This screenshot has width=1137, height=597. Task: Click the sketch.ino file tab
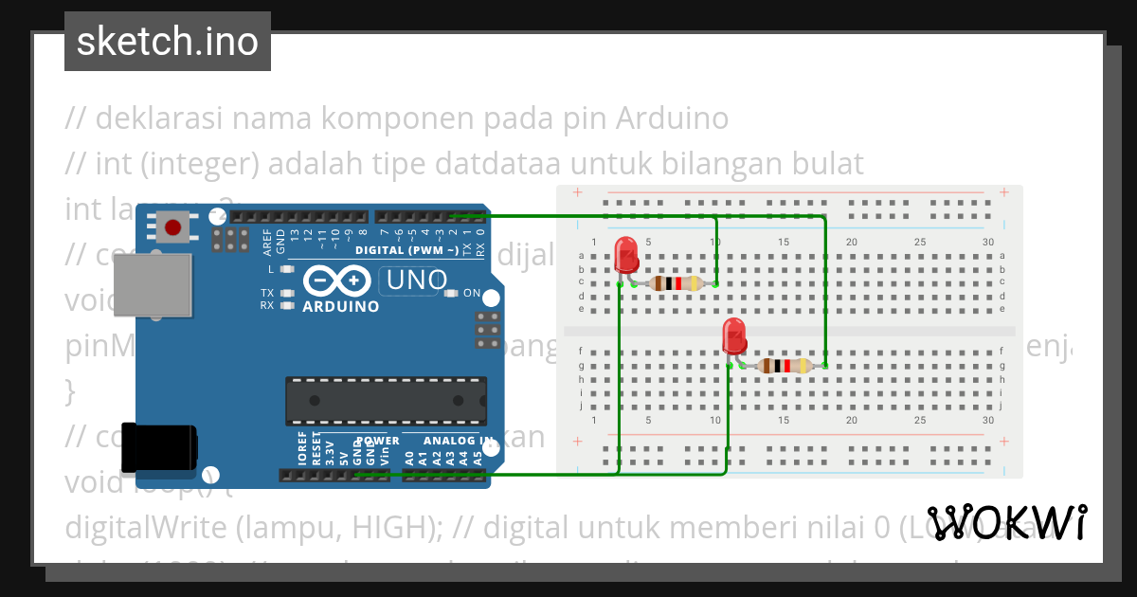[167, 42]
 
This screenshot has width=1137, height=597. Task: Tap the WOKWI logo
[1006, 522]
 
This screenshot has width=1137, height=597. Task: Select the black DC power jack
[160, 445]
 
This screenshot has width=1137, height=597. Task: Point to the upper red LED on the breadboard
[625, 256]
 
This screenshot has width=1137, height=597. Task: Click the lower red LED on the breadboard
[733, 336]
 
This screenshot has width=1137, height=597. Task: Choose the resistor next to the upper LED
[675, 283]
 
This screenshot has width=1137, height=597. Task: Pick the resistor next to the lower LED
[784, 366]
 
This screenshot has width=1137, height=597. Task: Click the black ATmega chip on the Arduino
[387, 401]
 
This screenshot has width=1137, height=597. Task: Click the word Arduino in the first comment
[672, 118]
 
